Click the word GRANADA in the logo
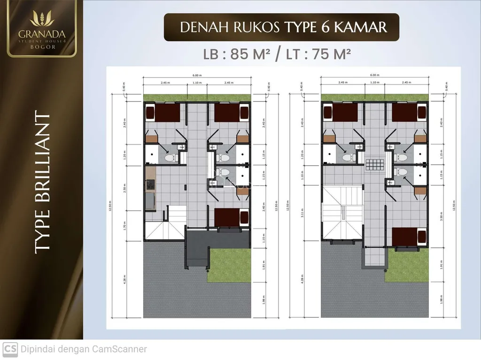[x=42, y=34]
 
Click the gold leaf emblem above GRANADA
[x=42, y=18]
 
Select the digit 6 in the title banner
[x=322, y=27]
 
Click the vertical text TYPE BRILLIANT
[x=42, y=184]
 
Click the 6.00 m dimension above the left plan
[x=196, y=75]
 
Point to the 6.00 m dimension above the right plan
[x=374, y=75]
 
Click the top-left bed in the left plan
[x=163, y=113]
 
